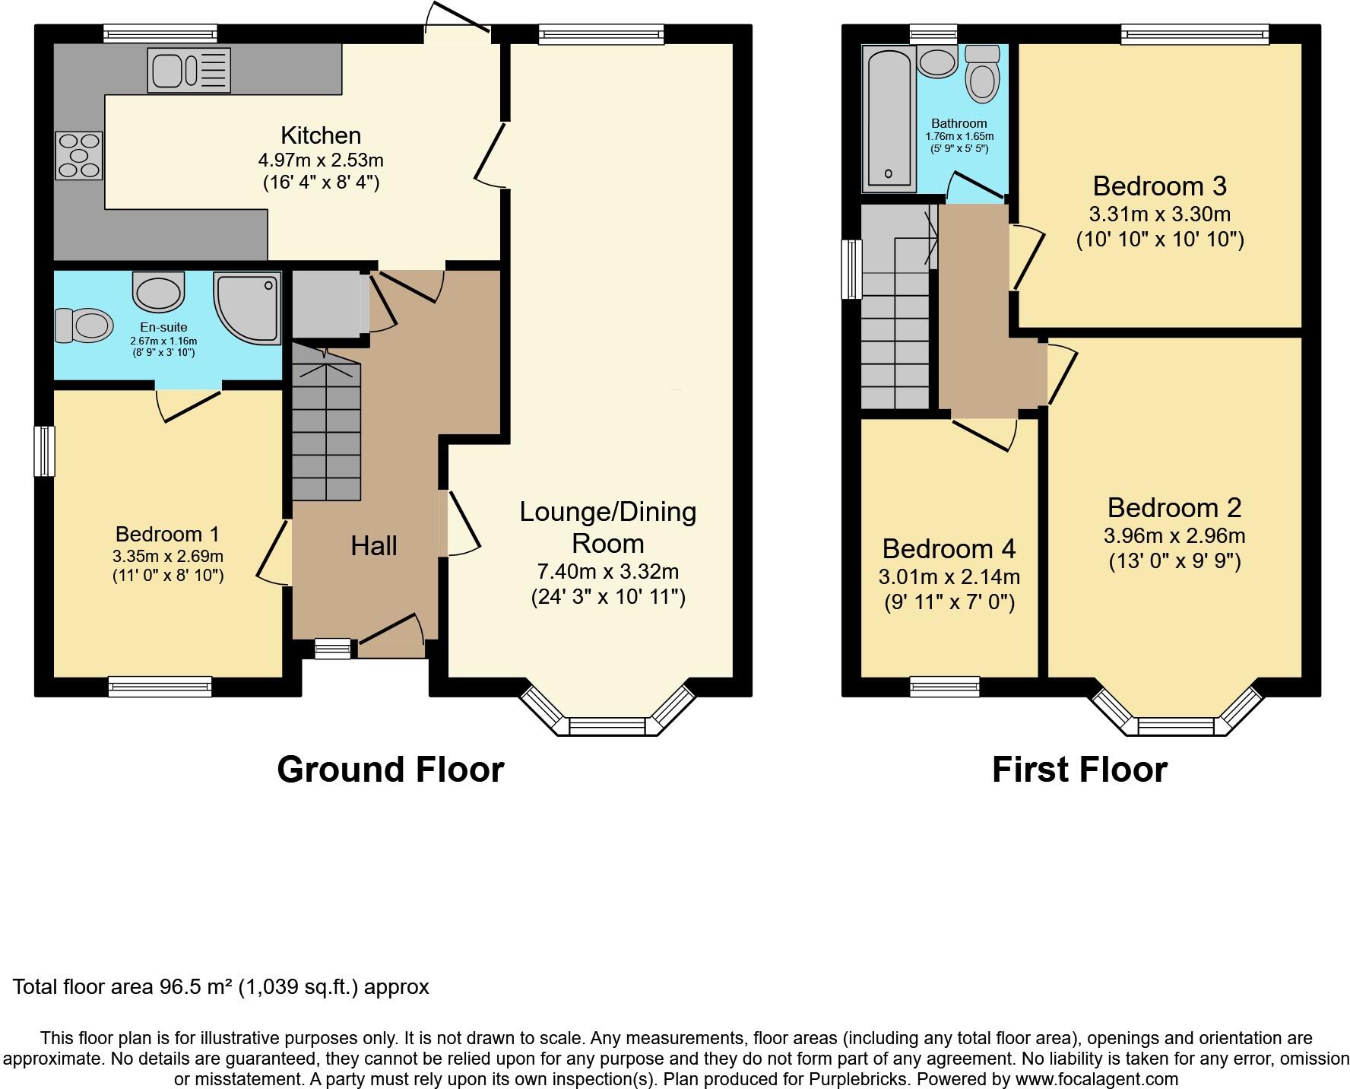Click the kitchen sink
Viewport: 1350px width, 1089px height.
(189, 70)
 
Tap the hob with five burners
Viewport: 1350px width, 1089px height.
(78, 156)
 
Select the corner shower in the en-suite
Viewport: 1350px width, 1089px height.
(248, 306)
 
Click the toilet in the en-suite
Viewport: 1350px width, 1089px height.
(84, 325)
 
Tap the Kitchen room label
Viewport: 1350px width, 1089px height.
(321, 135)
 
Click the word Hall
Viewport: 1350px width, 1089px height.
(373, 545)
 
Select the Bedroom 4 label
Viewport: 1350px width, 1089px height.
(949, 548)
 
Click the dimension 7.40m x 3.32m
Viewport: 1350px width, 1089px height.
(607, 571)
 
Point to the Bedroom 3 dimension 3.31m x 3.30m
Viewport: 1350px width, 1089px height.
(1159, 214)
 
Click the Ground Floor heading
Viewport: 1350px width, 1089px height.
(390, 769)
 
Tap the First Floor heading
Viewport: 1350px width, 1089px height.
(1079, 769)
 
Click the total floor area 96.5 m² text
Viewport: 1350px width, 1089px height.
(220, 987)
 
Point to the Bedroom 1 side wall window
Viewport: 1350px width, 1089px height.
(45, 451)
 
